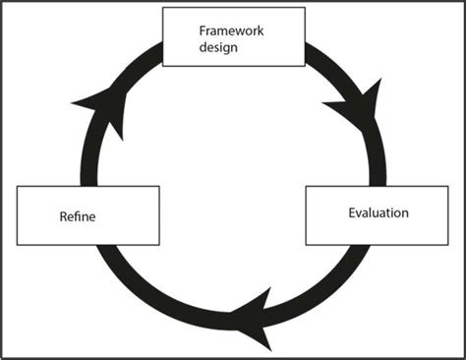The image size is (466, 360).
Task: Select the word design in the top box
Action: [215, 46]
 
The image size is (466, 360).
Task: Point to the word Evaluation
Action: [379, 212]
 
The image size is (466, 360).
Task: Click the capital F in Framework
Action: [202, 30]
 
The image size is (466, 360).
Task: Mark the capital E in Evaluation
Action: [352, 212]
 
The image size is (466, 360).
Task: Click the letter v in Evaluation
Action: [360, 212]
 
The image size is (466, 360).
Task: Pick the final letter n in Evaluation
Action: [405, 212]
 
